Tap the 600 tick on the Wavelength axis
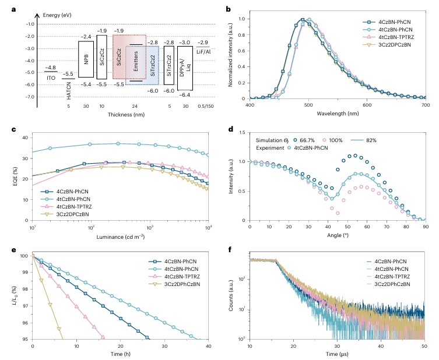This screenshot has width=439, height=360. [350, 105]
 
